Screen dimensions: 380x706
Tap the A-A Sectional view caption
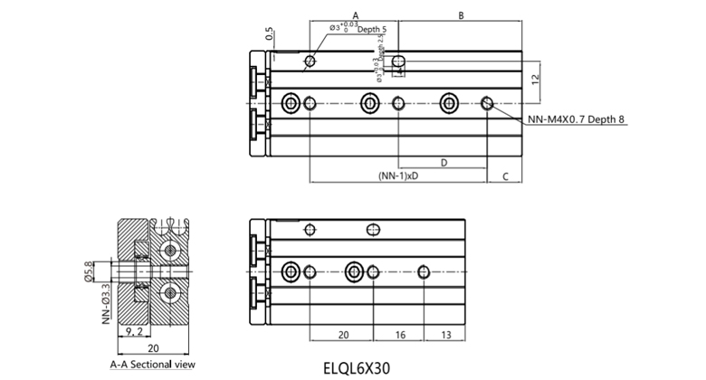(151, 365)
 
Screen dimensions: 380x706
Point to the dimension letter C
(504, 177)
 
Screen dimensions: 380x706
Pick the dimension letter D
(444, 162)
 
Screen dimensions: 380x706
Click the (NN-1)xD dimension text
(398, 176)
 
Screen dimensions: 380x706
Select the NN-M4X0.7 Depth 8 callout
(577, 119)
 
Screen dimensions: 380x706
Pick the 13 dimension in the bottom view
(446, 334)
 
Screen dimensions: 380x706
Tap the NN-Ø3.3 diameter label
(105, 304)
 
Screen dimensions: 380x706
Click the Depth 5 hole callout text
(371, 30)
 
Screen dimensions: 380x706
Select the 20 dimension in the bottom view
(343, 334)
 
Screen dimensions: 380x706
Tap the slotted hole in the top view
(399, 62)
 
